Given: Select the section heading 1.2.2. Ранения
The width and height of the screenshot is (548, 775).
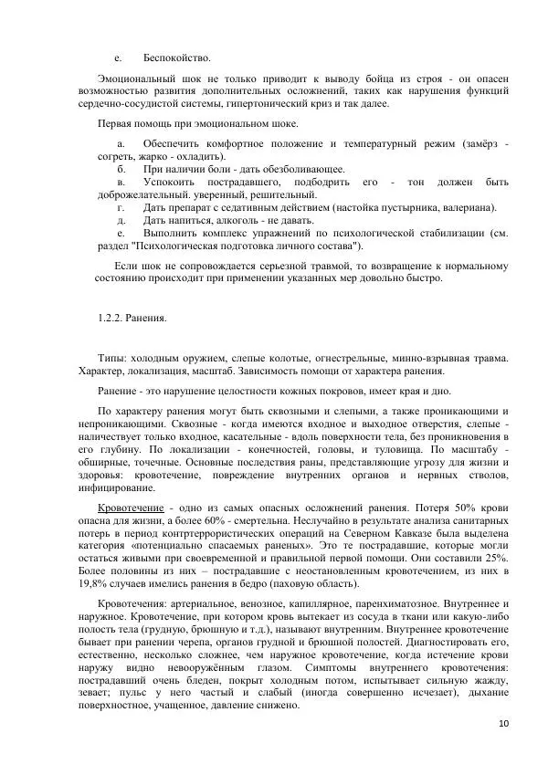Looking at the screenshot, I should [x=132, y=318].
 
